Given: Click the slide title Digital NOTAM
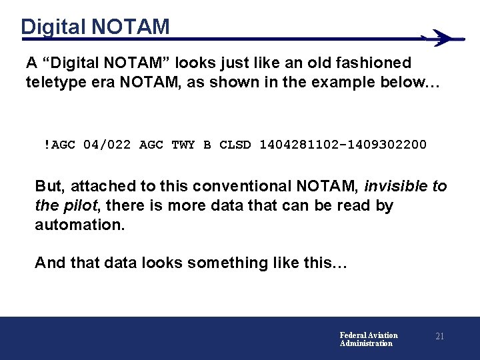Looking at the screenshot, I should (x=95, y=27).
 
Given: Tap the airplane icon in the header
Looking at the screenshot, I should (x=443, y=38).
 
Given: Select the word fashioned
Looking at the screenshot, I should (x=376, y=63).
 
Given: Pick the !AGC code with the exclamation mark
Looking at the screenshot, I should (x=60, y=144).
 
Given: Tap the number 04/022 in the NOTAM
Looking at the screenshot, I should (x=108, y=144).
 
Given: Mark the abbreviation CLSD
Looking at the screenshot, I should (x=235, y=144).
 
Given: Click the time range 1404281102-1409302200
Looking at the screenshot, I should (x=343, y=144).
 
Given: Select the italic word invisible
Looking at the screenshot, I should (x=396, y=187).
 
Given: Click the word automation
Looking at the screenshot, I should (x=79, y=225).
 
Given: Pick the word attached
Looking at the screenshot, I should (x=99, y=187).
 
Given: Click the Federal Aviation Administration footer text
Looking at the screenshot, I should (x=369, y=339).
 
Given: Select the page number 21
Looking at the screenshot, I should (x=439, y=337).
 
